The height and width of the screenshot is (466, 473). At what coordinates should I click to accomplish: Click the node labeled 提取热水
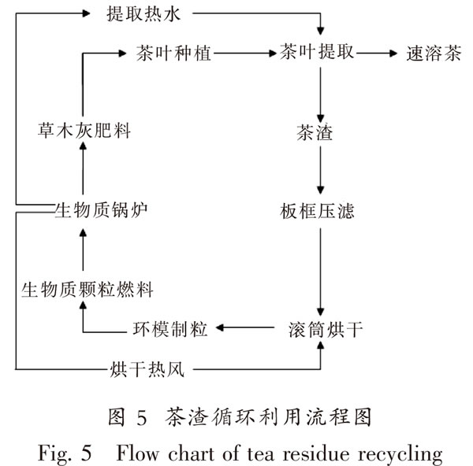pyautogui.click(x=143, y=14)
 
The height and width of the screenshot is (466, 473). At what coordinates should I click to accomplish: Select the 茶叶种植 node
pyautogui.click(x=173, y=54)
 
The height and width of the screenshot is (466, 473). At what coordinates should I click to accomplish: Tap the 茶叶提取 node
pyautogui.click(x=316, y=52)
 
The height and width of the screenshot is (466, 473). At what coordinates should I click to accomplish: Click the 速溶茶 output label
pyautogui.click(x=434, y=54)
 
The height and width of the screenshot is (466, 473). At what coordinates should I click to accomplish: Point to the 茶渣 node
pyautogui.click(x=315, y=132)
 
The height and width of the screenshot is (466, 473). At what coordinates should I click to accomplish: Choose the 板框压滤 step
pyautogui.click(x=317, y=210)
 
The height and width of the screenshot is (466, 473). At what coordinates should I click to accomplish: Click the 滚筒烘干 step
pyautogui.click(x=326, y=329)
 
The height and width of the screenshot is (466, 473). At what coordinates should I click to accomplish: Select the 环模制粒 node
pyautogui.click(x=169, y=328)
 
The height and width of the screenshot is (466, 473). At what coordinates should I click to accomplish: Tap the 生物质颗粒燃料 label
pyautogui.click(x=88, y=290)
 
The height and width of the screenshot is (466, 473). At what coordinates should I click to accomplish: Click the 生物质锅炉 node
pyautogui.click(x=101, y=210)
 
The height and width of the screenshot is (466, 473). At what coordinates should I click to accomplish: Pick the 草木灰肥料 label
pyautogui.click(x=84, y=131)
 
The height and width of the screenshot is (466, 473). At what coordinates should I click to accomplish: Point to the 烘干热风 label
pyautogui.click(x=147, y=369)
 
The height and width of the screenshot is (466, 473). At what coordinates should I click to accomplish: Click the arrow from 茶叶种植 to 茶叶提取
pyautogui.click(x=245, y=54)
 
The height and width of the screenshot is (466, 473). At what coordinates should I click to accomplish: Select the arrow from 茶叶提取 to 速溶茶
pyautogui.click(x=377, y=54)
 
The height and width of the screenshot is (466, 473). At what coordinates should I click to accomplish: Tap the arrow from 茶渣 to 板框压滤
pyautogui.click(x=320, y=170)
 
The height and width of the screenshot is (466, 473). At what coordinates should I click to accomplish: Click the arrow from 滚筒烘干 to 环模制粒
pyautogui.click(x=245, y=327)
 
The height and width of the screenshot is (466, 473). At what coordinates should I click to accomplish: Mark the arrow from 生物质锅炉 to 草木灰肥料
pyautogui.click(x=83, y=168)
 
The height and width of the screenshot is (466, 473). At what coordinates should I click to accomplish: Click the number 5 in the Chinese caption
pyautogui.click(x=142, y=418)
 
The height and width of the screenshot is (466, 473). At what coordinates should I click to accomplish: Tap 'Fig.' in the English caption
pyautogui.click(x=55, y=453)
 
